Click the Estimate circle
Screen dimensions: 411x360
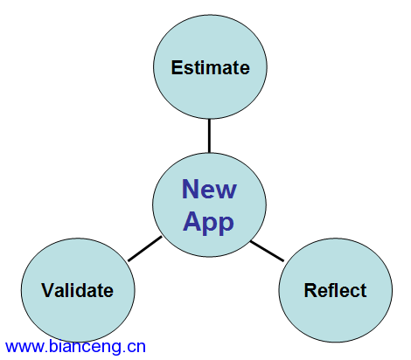click(210, 66)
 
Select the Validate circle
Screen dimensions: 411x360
click(78, 290)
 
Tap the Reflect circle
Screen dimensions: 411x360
click(336, 290)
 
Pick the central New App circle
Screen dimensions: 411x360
click(209, 204)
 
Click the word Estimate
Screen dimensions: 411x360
click(210, 67)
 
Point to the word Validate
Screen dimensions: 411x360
click(77, 290)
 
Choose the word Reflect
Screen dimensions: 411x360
click(335, 290)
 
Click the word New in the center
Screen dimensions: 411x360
click(209, 189)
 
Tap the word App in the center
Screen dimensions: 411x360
click(208, 223)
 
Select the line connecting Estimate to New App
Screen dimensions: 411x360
click(209, 135)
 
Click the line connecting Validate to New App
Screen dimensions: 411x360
click(145, 248)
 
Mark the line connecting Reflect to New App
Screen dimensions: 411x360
click(267, 251)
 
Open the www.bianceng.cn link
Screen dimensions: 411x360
click(75, 347)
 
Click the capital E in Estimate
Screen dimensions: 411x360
click(177, 67)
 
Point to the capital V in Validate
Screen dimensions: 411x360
click(48, 290)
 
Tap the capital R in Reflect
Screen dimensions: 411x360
click(310, 290)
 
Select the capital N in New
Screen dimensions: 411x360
click(190, 189)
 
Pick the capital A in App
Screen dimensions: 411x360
click(192, 221)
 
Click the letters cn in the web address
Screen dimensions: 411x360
click(137, 347)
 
